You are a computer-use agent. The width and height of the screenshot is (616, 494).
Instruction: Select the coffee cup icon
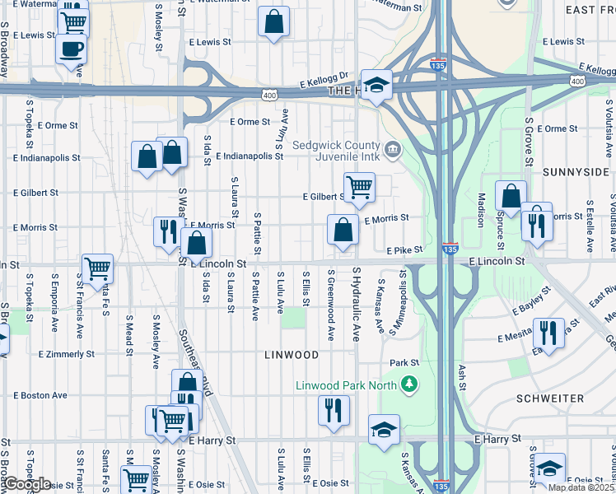(71, 47)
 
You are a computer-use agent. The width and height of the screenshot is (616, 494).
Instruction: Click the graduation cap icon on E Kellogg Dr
(376, 85)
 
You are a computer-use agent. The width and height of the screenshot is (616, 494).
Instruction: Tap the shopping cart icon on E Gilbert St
(359, 186)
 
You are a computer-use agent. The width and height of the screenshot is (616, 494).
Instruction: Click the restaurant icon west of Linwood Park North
(334, 411)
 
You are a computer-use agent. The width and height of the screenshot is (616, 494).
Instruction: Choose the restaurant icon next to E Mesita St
(548, 333)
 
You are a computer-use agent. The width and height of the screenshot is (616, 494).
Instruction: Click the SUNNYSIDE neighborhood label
(574, 172)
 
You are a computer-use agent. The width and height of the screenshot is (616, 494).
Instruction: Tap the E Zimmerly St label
(67, 354)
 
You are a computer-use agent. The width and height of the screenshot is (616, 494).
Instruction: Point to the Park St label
(404, 362)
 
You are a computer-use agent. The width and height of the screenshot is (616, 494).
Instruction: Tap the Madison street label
(481, 211)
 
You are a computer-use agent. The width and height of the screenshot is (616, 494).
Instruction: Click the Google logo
(26, 484)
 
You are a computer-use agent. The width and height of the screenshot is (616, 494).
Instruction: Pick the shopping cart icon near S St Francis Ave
(97, 268)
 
